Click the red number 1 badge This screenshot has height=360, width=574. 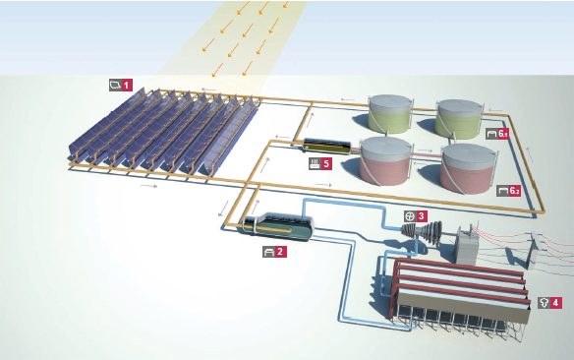point(127,86)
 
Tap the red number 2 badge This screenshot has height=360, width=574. point(281,252)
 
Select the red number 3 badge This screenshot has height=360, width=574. point(422,215)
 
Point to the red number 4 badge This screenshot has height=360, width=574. point(556,302)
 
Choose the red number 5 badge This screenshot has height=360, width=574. point(326,164)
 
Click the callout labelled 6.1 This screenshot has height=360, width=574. point(503,132)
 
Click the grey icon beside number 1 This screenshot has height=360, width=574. point(115,86)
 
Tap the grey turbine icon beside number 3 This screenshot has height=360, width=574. point(410,215)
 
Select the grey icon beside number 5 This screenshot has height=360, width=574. point(314,164)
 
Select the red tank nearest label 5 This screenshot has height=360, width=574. point(386,162)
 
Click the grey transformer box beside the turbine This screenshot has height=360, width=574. point(471,244)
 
